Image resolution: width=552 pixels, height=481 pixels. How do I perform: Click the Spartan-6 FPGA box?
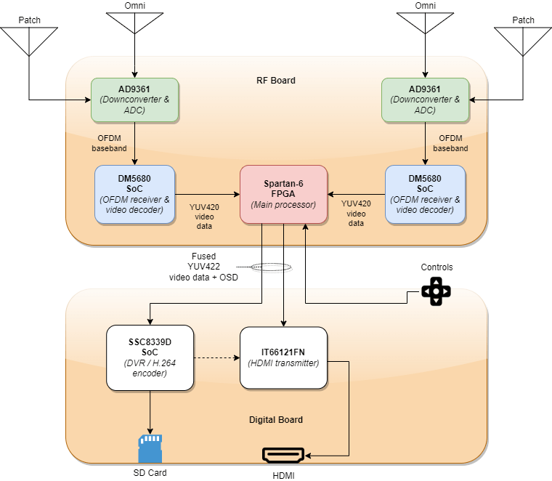point(284,195)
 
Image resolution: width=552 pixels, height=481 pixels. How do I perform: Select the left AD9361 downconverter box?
point(135,100)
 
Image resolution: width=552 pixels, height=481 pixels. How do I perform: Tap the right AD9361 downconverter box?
point(426,100)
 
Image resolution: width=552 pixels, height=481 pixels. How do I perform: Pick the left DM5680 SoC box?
point(135,195)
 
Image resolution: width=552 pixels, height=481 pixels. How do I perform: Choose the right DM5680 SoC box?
point(426,195)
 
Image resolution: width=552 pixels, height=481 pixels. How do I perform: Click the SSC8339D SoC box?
point(150,357)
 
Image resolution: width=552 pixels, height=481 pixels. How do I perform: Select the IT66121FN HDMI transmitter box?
point(284,357)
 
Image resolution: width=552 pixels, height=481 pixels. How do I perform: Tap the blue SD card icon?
point(150,448)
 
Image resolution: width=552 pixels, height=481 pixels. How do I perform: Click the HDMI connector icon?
point(283,456)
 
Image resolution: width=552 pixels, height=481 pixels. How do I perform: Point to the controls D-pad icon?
point(437,291)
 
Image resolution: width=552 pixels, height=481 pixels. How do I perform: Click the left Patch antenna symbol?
point(29,41)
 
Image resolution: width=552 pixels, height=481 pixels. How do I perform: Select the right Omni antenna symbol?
point(426,23)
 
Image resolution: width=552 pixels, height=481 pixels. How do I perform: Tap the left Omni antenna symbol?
point(135,23)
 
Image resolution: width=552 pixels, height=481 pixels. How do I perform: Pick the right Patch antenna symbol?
point(523,41)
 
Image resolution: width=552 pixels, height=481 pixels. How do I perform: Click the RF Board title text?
point(276,80)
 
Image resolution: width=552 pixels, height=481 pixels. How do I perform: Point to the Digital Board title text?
point(276,420)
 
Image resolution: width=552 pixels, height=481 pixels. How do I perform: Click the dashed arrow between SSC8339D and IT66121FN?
point(217,357)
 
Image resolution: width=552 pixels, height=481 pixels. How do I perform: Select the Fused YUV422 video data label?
point(203,267)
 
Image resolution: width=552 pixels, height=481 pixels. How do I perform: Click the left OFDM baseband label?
point(109,143)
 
